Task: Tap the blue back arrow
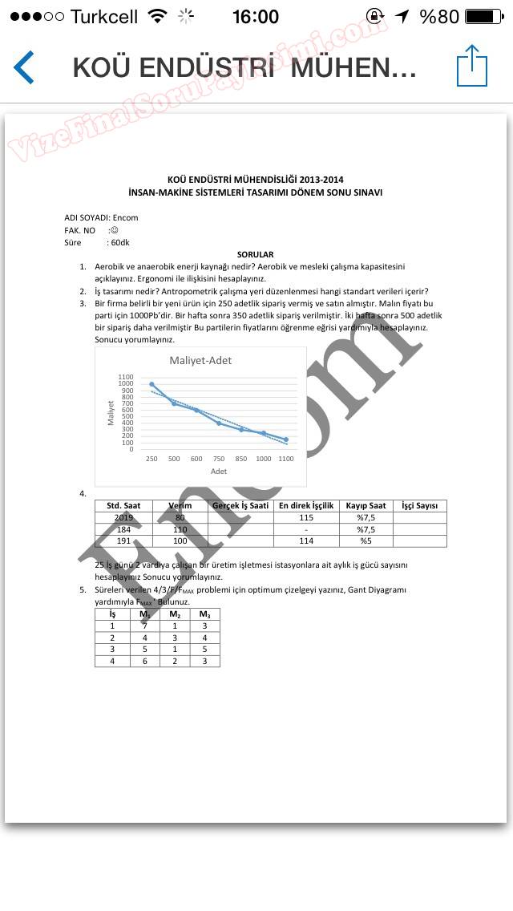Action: [x=24, y=67]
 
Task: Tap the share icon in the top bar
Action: [x=472, y=66]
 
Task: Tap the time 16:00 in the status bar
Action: [x=255, y=16]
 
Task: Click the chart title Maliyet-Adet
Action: [x=200, y=360]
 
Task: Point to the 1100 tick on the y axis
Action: [x=126, y=377]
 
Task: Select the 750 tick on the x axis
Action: [x=219, y=459]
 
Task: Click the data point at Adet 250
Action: [x=151, y=384]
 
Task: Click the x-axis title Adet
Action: [x=219, y=472]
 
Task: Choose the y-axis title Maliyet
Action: [x=111, y=412]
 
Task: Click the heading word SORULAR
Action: [x=255, y=254]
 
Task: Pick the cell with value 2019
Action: [x=123, y=518]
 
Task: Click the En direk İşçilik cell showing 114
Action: [x=305, y=541]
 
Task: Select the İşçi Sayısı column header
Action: [x=419, y=506]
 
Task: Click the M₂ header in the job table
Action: [x=175, y=614]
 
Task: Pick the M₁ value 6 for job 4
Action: [x=144, y=661]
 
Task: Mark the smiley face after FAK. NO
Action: [x=114, y=230]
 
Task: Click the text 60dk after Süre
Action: [x=120, y=242]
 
